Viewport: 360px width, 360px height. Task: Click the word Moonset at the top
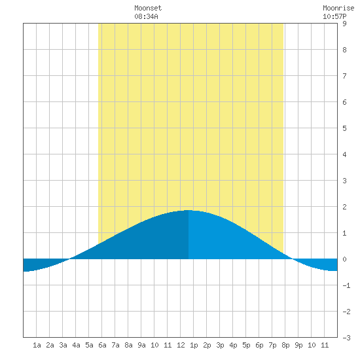[x=148, y=8]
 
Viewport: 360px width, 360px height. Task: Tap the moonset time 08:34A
[x=146, y=16]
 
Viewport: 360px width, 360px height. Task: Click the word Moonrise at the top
[x=338, y=8]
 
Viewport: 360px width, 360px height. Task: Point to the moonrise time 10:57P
[x=334, y=16]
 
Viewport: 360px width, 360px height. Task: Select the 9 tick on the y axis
[x=344, y=24]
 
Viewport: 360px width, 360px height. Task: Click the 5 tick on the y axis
[x=344, y=128]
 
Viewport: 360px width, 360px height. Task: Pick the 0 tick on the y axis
[x=344, y=259]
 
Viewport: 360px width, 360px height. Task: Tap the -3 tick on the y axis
[x=347, y=338]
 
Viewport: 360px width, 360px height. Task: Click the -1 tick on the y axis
[x=347, y=285]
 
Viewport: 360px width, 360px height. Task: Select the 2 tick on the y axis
[x=344, y=207]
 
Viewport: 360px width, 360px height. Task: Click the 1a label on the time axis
[x=37, y=345]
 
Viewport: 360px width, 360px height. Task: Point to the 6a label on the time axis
[x=102, y=345]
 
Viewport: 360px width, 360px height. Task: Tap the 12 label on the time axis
[x=181, y=345]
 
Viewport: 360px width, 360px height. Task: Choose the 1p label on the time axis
[x=194, y=345]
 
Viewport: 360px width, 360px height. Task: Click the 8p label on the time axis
[x=285, y=345]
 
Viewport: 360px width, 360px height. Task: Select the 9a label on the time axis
[x=141, y=345]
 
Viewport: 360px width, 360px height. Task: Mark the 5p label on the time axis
[x=246, y=345]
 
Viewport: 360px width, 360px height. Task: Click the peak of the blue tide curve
[x=189, y=210]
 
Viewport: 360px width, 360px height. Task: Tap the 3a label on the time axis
[x=63, y=345]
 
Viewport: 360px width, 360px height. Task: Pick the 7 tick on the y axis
[x=344, y=76]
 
